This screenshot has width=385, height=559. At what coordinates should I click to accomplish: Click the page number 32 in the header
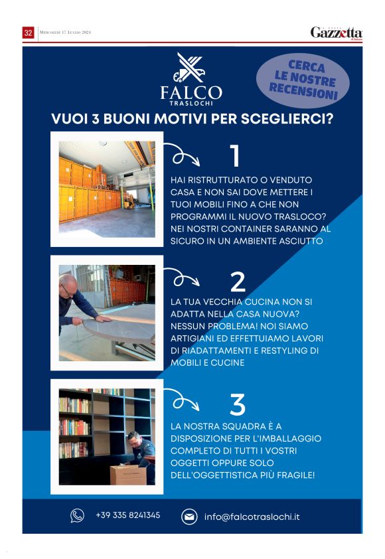(x=28, y=33)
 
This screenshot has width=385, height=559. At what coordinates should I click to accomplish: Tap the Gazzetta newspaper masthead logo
(x=336, y=33)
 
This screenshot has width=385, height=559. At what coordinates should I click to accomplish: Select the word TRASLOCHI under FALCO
(x=191, y=104)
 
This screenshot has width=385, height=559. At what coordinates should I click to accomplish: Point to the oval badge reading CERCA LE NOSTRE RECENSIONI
(x=303, y=80)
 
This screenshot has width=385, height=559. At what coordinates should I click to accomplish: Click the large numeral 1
(x=235, y=156)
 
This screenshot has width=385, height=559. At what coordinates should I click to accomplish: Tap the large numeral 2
(x=238, y=281)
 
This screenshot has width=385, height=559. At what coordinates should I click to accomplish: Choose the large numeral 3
(x=238, y=404)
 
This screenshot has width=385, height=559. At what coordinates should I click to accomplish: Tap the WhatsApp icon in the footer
(x=77, y=515)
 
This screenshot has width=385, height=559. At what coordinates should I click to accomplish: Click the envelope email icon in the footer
(x=189, y=517)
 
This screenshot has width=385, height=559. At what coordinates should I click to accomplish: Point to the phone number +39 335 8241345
(x=128, y=515)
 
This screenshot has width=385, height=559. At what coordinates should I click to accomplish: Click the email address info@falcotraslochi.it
(x=252, y=517)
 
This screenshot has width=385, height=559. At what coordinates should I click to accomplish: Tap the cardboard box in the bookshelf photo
(x=128, y=475)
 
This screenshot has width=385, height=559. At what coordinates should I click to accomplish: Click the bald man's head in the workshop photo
(x=68, y=285)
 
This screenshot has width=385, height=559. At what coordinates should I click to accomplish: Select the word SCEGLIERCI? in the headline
(x=287, y=119)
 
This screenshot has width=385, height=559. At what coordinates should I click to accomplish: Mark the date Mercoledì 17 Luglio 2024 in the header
(x=65, y=32)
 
